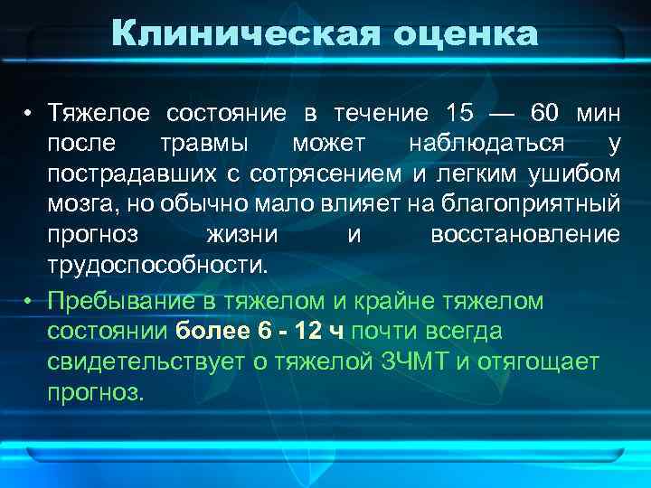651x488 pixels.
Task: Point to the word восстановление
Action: pyautogui.click(x=525, y=234)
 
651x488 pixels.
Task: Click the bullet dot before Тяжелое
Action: pyautogui.click(x=29, y=115)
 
